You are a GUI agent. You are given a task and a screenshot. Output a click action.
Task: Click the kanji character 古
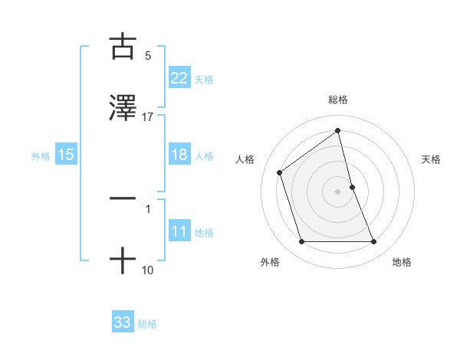pyautogui.click(x=123, y=47)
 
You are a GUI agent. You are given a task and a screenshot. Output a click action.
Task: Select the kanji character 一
pyautogui.click(x=123, y=198)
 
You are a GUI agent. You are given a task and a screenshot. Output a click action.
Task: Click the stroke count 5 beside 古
pyautogui.click(x=148, y=55)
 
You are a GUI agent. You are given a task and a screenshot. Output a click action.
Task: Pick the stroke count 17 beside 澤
pyautogui.click(x=148, y=117)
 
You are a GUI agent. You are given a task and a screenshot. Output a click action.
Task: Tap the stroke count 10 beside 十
pyautogui.click(x=148, y=270)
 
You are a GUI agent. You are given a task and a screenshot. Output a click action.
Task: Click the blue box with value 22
pyautogui.click(x=179, y=78)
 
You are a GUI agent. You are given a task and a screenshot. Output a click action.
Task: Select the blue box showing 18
pyautogui.click(x=179, y=155)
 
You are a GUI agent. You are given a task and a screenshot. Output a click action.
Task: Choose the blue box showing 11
pyautogui.click(x=179, y=232)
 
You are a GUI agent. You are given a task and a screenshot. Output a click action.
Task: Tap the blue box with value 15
pyautogui.click(x=66, y=155)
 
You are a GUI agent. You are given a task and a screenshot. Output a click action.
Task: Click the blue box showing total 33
pyautogui.click(x=123, y=322)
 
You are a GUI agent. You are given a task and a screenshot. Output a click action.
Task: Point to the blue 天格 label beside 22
pyautogui.click(x=204, y=79)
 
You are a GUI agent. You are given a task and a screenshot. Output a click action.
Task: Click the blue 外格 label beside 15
pyautogui.click(x=41, y=155)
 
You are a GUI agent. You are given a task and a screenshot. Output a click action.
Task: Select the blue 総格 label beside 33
pyautogui.click(x=147, y=323)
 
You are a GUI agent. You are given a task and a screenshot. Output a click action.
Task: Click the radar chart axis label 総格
pyautogui.click(x=337, y=100)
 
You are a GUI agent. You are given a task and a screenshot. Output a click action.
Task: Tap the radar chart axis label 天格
pyautogui.click(x=432, y=159)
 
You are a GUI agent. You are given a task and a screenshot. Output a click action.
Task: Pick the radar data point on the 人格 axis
pyautogui.click(x=279, y=172)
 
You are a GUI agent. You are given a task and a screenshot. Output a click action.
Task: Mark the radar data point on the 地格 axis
pyautogui.click(x=374, y=242)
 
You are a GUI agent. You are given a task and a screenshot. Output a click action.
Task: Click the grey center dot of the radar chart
pyautogui.click(x=338, y=191)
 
